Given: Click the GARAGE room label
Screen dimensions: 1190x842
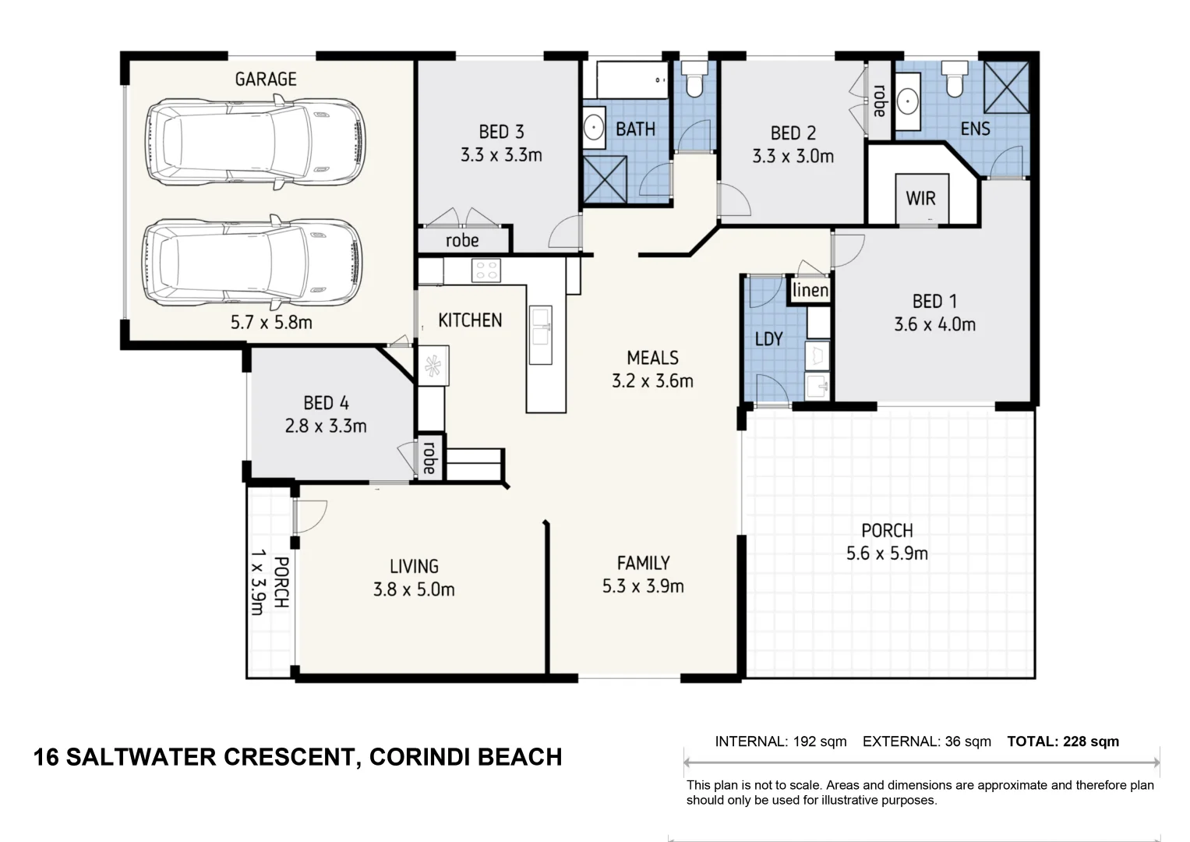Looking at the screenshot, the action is tap(266, 80).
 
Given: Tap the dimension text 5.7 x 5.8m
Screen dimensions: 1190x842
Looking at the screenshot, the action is tap(271, 322).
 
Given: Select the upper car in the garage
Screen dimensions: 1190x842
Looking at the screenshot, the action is tap(256, 142).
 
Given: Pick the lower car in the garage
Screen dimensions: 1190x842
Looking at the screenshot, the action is tap(252, 263).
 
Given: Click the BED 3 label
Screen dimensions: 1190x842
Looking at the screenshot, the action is tap(501, 131).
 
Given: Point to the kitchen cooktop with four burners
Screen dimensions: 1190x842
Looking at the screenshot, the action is tap(486, 270).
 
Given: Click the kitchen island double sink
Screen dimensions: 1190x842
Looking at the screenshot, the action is tap(541, 335).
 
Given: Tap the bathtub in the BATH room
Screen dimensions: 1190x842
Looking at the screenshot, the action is tap(632, 80).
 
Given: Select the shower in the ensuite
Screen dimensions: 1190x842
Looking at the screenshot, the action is tap(1006, 87).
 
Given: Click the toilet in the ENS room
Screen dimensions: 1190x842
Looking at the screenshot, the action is tap(955, 79).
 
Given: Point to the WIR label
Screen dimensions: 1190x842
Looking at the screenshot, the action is tap(920, 198).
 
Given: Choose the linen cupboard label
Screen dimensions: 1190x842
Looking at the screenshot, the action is tap(810, 290).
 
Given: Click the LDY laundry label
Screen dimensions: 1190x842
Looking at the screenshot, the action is tap(768, 338).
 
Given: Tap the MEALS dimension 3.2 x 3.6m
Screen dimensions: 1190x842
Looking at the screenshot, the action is tap(652, 380).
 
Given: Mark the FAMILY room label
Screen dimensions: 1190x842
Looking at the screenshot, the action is tap(644, 563).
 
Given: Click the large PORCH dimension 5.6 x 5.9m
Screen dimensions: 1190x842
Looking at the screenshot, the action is tap(887, 554).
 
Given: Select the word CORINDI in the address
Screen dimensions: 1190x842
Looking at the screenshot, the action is tap(416, 757).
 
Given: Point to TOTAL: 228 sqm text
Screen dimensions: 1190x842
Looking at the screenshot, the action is tap(1063, 741).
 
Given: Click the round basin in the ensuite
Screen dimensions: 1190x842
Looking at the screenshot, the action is tap(908, 101).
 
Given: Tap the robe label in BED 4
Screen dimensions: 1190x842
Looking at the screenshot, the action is tap(429, 458).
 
